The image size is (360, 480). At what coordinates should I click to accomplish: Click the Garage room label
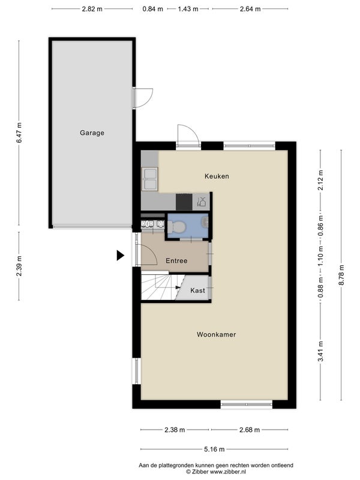92,133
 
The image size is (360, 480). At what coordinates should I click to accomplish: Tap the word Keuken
217,176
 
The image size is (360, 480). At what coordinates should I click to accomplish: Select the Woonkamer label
216,335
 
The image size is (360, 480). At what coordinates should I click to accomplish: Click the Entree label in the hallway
176,261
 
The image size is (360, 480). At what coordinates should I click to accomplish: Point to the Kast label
197,291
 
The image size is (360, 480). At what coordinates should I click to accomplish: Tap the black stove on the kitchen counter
184,202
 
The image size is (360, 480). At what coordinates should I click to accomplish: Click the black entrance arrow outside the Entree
120,256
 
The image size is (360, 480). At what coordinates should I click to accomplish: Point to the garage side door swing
143,98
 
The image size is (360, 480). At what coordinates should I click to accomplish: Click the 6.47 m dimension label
19,133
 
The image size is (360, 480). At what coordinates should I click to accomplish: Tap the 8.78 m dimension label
341,276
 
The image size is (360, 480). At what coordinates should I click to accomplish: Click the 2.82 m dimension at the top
92,9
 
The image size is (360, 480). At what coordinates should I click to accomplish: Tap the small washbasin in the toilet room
205,222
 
